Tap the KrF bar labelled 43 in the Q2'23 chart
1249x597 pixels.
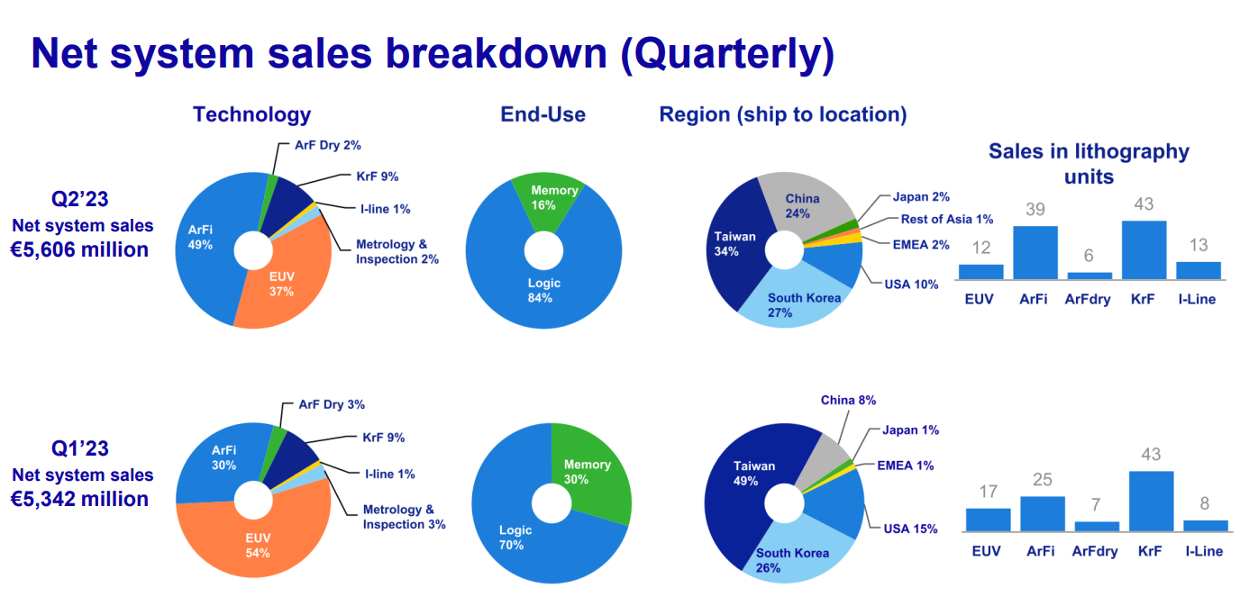click(x=1143, y=249)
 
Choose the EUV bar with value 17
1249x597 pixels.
click(x=988, y=520)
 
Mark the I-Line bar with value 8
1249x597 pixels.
click(x=1205, y=526)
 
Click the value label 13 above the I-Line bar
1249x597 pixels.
click(x=1198, y=246)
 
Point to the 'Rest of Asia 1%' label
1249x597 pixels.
click(x=946, y=219)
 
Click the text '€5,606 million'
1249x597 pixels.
click(x=79, y=249)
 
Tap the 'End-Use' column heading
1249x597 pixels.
click(x=542, y=114)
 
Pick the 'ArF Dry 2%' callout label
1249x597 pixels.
click(x=327, y=144)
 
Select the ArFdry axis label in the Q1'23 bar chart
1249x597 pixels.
click(x=1096, y=551)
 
